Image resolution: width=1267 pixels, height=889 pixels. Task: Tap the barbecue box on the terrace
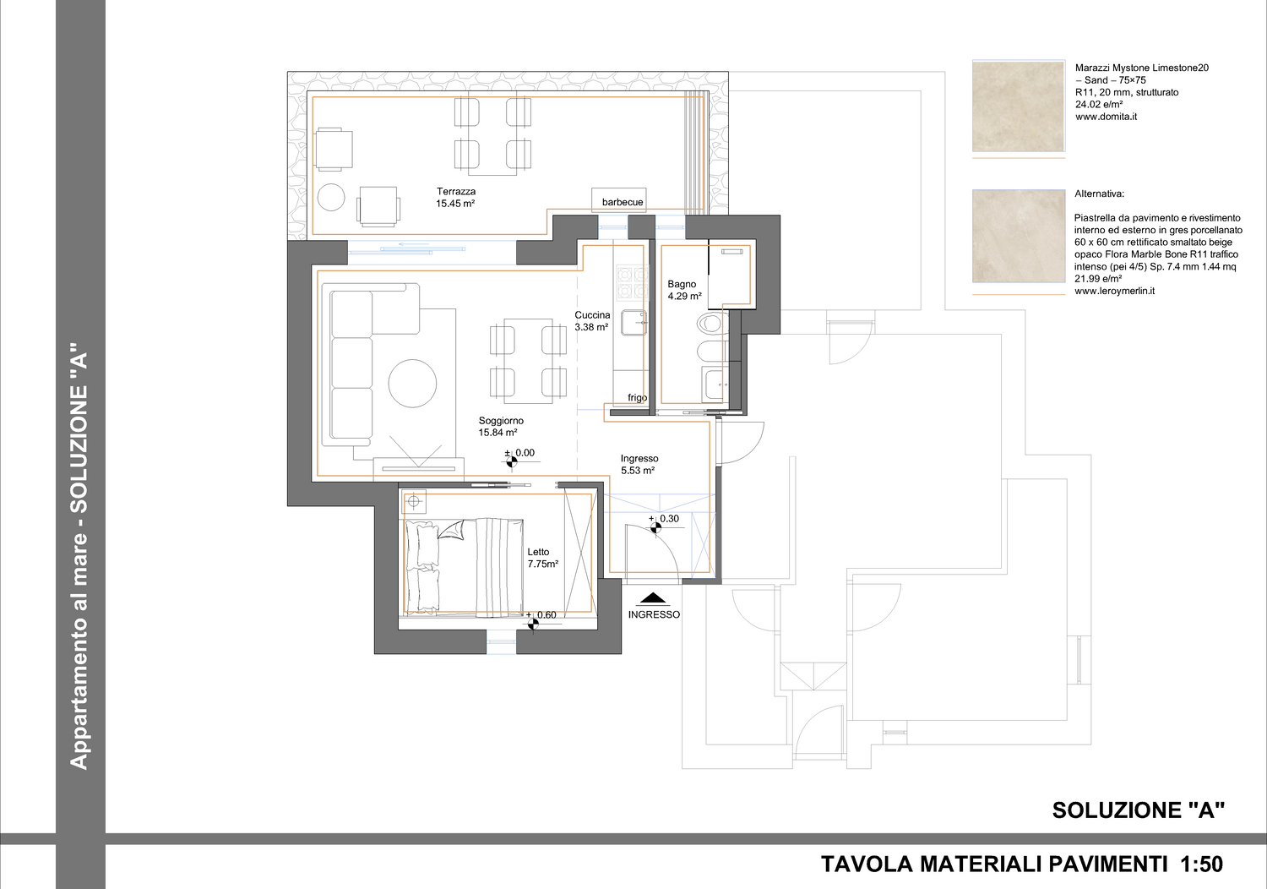coord(619,199)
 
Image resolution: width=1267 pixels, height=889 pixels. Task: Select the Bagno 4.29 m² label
coord(684,290)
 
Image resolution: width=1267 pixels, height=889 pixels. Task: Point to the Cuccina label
coord(592,314)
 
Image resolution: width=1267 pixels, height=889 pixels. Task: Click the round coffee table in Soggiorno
coord(412,383)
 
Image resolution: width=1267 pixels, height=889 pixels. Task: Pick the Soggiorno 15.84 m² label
coord(501,426)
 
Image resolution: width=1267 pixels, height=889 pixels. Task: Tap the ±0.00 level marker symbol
coord(511,461)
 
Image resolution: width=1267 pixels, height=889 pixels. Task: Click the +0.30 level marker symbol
coord(655,527)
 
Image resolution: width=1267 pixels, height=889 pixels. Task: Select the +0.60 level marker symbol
coord(533,624)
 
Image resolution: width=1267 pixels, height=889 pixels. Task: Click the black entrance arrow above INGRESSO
coord(653,598)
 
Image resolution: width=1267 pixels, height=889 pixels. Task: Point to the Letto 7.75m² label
coord(543,558)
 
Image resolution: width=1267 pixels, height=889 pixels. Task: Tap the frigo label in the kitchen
coord(638,397)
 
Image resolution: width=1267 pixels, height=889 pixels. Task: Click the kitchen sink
coord(633,322)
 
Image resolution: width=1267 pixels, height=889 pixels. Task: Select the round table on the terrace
coord(331,198)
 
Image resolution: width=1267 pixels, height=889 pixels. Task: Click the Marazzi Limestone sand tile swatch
coord(1018,106)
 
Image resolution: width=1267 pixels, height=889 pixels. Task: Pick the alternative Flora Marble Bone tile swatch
coord(1018,236)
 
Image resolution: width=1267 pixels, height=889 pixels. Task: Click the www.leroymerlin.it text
coord(1114,291)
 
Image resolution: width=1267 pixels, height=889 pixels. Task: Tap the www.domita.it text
coord(1106,117)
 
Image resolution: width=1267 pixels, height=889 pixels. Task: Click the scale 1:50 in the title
coord(1201,864)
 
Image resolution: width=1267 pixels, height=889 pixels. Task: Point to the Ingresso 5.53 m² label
coord(639,464)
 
